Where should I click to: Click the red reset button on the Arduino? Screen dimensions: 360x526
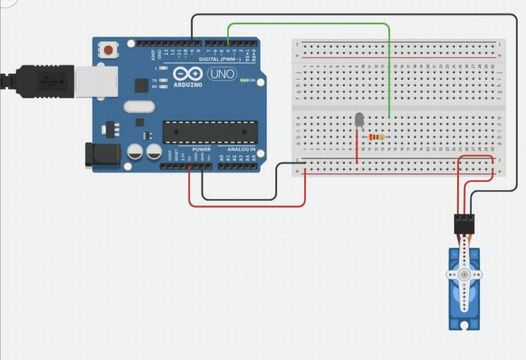108,50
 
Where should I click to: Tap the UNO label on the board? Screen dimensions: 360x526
222,74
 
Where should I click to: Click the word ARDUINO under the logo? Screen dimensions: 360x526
188,85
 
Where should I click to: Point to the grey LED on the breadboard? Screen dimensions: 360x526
359,119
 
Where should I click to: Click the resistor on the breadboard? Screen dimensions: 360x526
376,137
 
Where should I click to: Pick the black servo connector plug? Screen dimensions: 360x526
464,223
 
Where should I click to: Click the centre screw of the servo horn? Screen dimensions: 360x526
464,275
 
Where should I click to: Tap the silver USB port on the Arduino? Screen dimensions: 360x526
96,81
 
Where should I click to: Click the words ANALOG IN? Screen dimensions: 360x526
241,149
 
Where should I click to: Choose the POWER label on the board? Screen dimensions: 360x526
201,149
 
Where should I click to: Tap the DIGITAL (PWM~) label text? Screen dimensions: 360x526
220,59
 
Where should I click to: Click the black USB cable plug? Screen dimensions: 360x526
46,81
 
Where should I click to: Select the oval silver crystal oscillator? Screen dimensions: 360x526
139,106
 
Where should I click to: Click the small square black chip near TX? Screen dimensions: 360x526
141,86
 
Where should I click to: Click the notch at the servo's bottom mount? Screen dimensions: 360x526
464,325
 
